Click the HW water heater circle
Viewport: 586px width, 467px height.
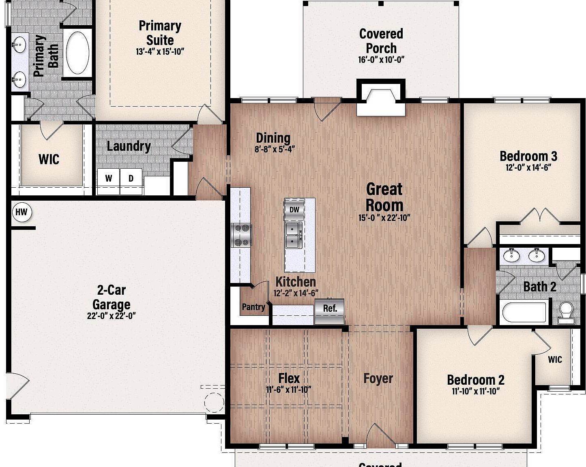pos(22,212)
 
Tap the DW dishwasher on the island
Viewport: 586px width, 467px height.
pos(294,210)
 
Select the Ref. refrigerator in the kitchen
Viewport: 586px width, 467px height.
pos(329,311)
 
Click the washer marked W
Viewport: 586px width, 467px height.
pos(109,178)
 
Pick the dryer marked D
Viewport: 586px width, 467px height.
pos(131,178)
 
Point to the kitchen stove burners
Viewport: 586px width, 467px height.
pos(241,235)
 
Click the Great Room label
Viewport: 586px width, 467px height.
pos(384,197)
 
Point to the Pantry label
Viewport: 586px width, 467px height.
pos(253,307)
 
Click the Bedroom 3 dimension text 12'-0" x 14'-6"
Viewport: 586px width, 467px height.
pos(528,167)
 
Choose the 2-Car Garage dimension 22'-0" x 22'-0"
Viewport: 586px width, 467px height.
pos(111,316)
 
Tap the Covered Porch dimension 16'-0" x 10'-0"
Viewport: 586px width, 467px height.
pos(381,60)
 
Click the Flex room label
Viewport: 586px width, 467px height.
pos(289,378)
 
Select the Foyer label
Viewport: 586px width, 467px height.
pos(378,378)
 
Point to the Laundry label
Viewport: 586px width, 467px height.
pos(129,146)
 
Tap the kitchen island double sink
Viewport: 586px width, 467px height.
pos(294,235)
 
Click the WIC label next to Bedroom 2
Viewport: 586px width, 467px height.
pos(555,359)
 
